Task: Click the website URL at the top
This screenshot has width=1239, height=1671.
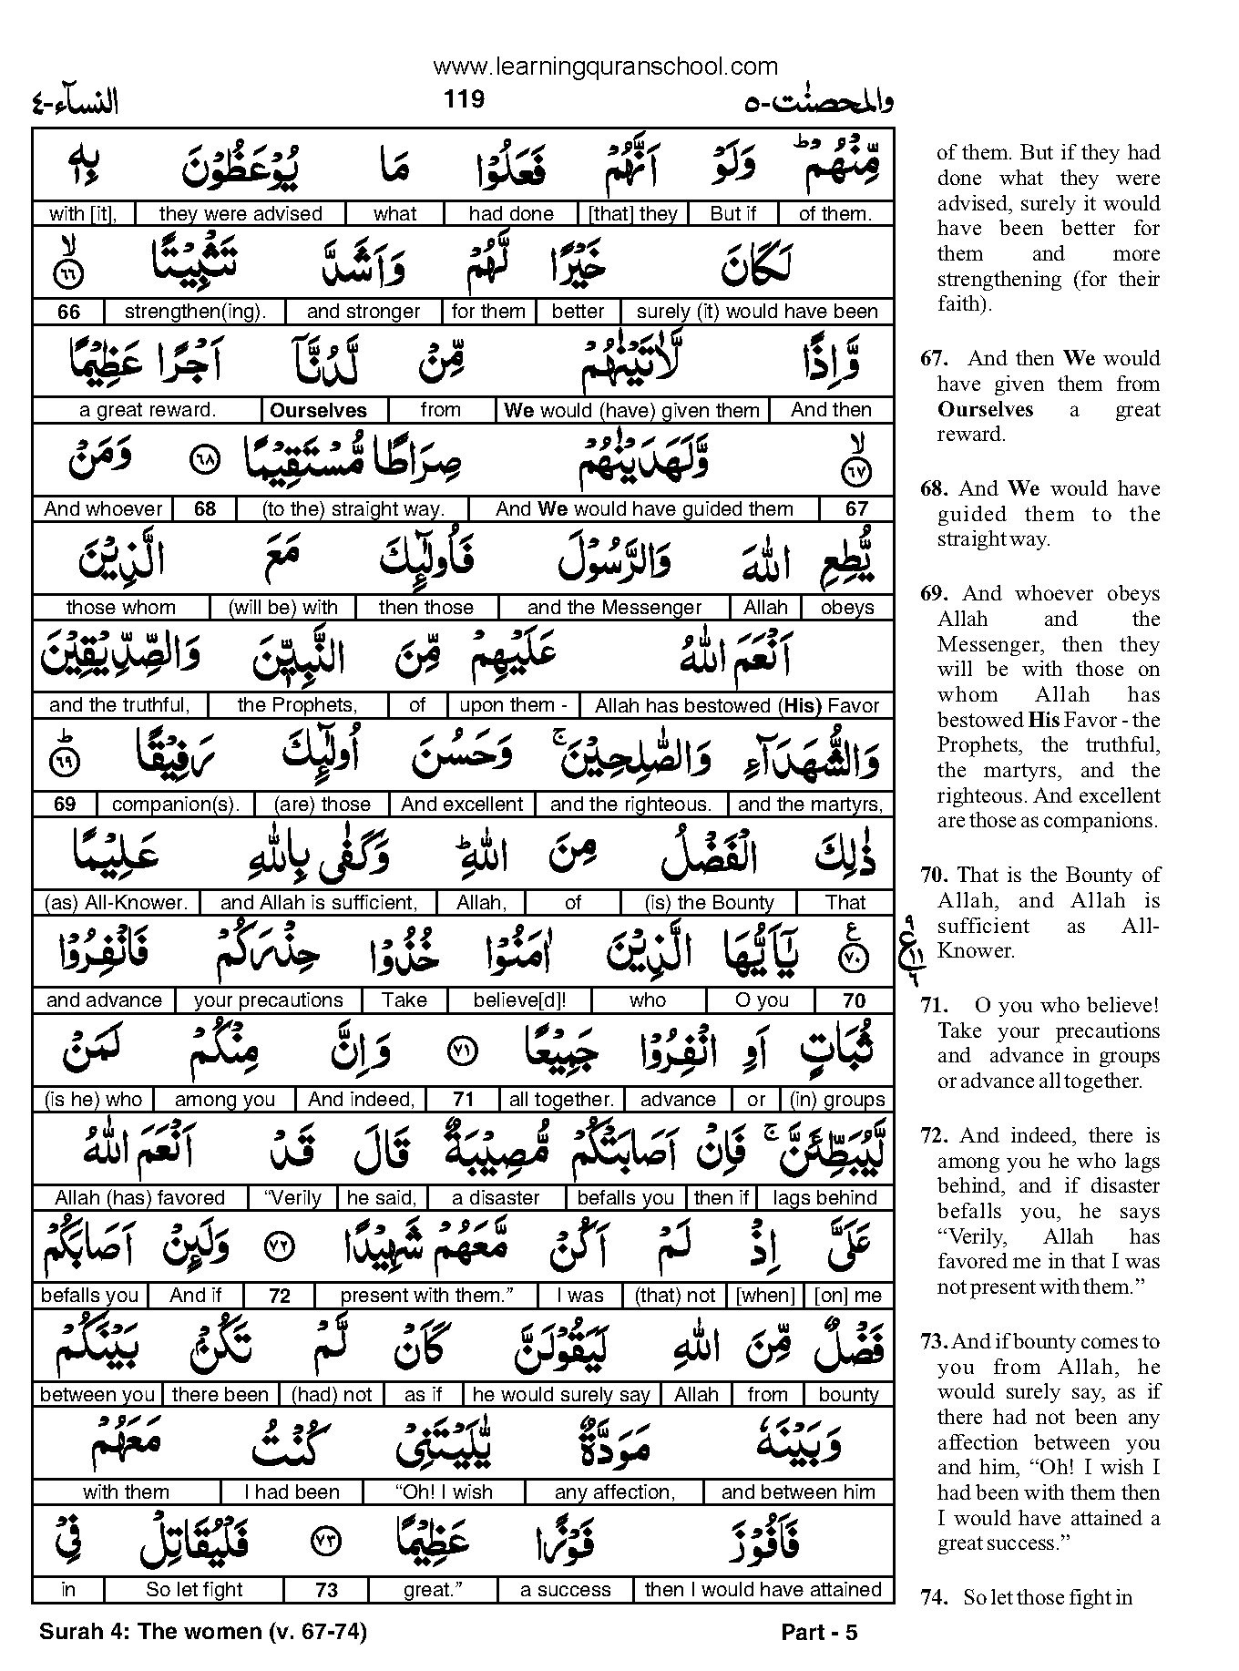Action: pyautogui.click(x=606, y=66)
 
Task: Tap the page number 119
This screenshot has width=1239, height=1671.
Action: pyautogui.click(x=464, y=98)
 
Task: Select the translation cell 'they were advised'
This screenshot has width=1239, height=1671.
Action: pyautogui.click(x=241, y=214)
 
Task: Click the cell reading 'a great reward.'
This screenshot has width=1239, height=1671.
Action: pyautogui.click(x=148, y=410)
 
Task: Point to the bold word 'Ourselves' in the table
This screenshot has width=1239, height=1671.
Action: pyautogui.click(x=318, y=411)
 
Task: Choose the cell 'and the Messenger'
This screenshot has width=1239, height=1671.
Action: pyautogui.click(x=614, y=608)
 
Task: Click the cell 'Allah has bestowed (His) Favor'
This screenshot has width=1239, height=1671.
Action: pyautogui.click(x=737, y=706)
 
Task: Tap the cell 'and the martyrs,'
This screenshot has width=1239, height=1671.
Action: pyautogui.click(x=810, y=805)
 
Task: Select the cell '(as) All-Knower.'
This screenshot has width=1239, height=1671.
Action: pyautogui.click(x=116, y=903)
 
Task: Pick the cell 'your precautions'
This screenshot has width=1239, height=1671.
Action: pyautogui.click(x=269, y=1000)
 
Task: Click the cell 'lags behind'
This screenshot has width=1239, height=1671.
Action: pyautogui.click(x=824, y=1198)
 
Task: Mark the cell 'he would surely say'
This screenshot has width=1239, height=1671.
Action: pyautogui.click(x=562, y=1395)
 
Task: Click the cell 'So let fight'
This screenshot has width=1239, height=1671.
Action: pyautogui.click(x=194, y=1591)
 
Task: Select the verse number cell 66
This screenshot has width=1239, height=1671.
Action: pyautogui.click(x=68, y=312)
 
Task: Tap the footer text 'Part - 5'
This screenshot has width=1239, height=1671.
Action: pyautogui.click(x=819, y=1633)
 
